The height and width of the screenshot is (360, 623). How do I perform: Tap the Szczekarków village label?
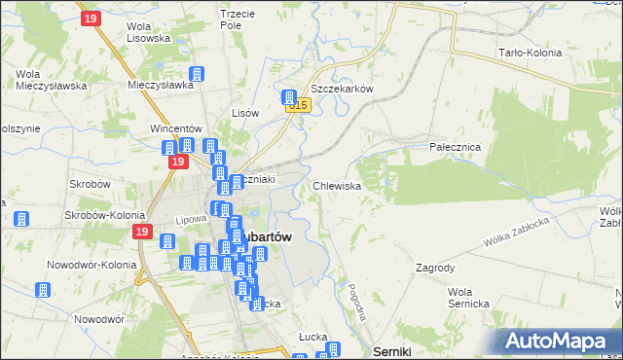[343, 88]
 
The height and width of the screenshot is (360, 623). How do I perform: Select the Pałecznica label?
[456, 146]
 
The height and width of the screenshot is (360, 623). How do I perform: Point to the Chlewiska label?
[338, 185]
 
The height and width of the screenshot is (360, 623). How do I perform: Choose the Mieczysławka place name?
[161, 85]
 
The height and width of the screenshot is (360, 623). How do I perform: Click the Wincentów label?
[174, 127]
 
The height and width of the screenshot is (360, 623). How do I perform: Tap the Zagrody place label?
[435, 267]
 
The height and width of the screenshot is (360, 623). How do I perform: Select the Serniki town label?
[392, 351]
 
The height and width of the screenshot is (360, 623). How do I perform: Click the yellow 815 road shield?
[299, 105]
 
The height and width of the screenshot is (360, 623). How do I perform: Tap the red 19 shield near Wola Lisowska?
[91, 18]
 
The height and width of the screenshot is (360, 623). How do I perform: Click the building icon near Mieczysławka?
[197, 75]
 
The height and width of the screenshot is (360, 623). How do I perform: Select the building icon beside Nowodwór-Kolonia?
[44, 290]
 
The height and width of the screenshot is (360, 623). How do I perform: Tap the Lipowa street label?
[192, 220]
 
